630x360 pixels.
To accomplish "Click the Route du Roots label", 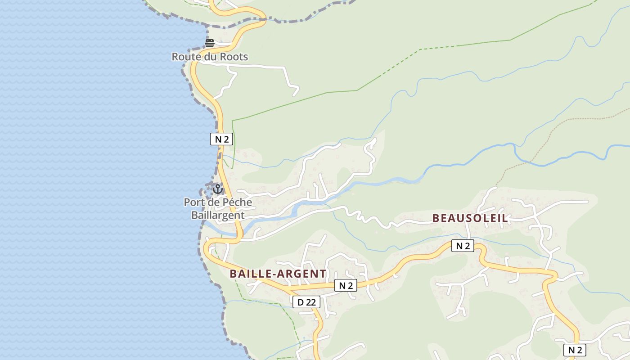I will [210, 57].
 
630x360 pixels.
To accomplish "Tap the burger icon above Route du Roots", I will [210, 43].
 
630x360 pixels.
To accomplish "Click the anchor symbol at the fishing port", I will [218, 189].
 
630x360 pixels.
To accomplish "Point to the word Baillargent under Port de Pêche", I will [218, 215].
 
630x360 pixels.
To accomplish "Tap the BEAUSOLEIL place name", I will [470, 218].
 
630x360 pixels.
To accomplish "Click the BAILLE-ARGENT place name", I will [278, 274].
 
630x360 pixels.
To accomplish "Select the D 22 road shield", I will [307, 302].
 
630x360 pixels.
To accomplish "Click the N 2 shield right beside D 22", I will [346, 285].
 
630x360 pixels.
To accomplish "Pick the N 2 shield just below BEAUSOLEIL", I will [463, 246].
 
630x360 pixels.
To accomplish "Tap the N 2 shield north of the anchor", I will [221, 139].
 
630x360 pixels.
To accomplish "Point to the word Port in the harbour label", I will [194, 202].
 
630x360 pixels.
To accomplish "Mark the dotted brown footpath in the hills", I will [562, 121].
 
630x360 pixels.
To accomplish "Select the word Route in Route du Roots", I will [185, 57].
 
